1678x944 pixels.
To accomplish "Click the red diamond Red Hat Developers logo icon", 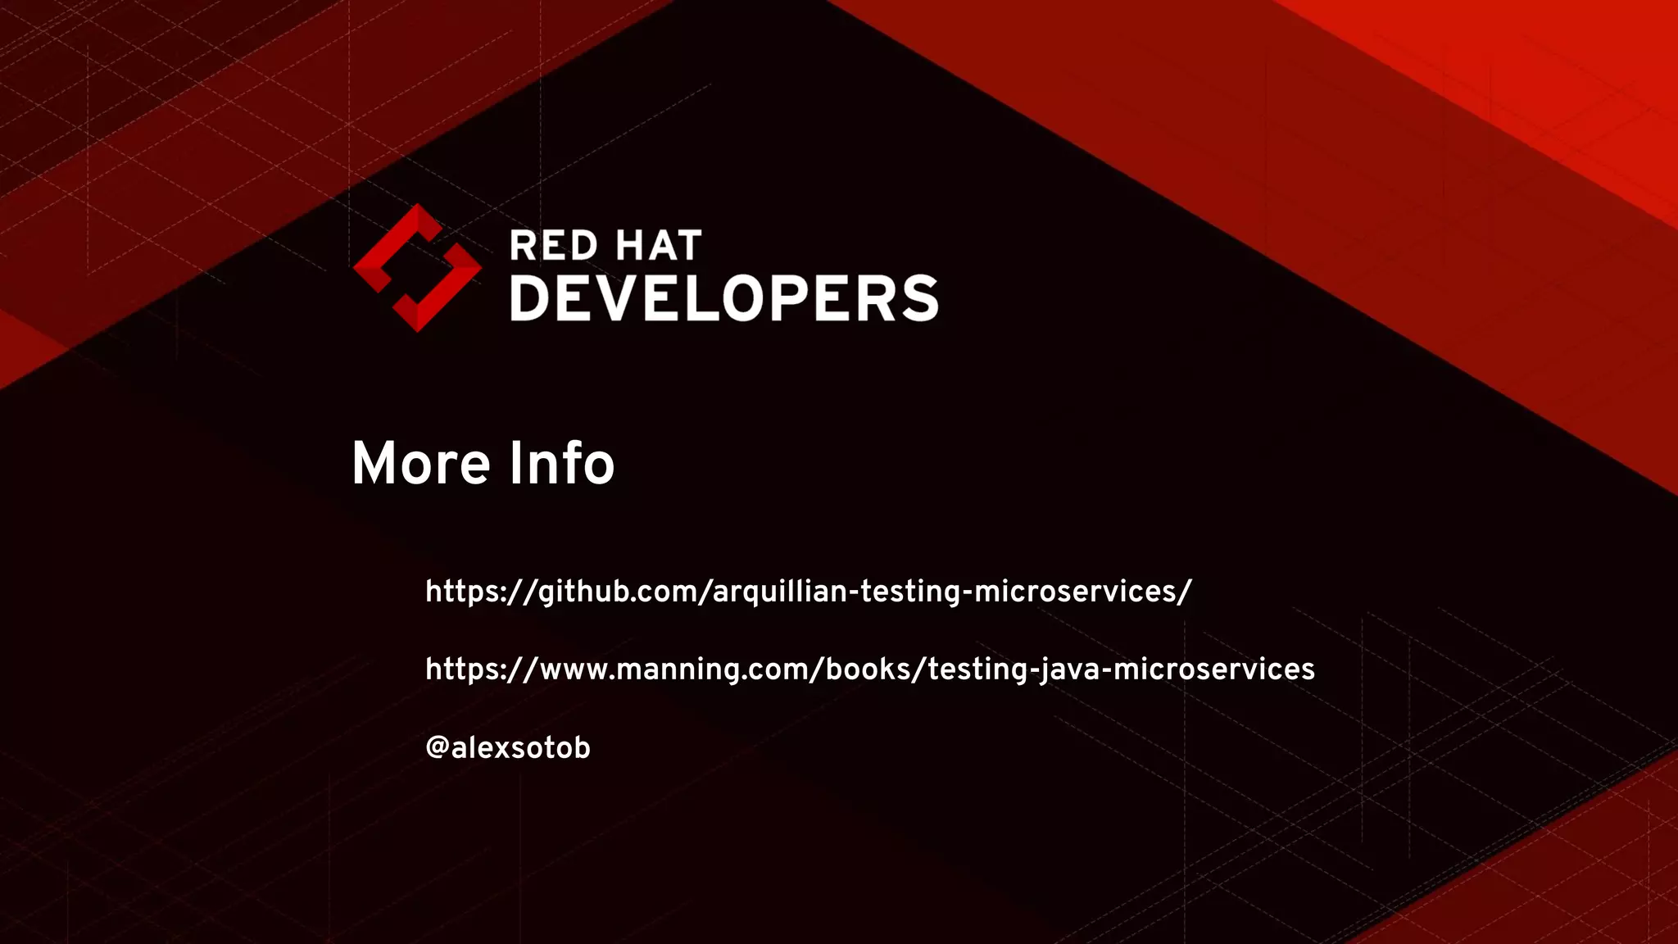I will pos(417,268).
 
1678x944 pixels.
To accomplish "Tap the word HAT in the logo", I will pos(659,246).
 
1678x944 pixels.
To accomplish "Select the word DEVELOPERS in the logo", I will pos(724,298).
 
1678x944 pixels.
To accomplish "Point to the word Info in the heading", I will pos(561,464).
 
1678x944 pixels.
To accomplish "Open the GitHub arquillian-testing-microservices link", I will pos(808,592).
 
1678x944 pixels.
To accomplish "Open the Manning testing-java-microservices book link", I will pos(869,669).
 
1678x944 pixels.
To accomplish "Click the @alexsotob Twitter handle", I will pos(507,747).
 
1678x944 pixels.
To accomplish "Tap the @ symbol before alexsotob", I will pos(437,747).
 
